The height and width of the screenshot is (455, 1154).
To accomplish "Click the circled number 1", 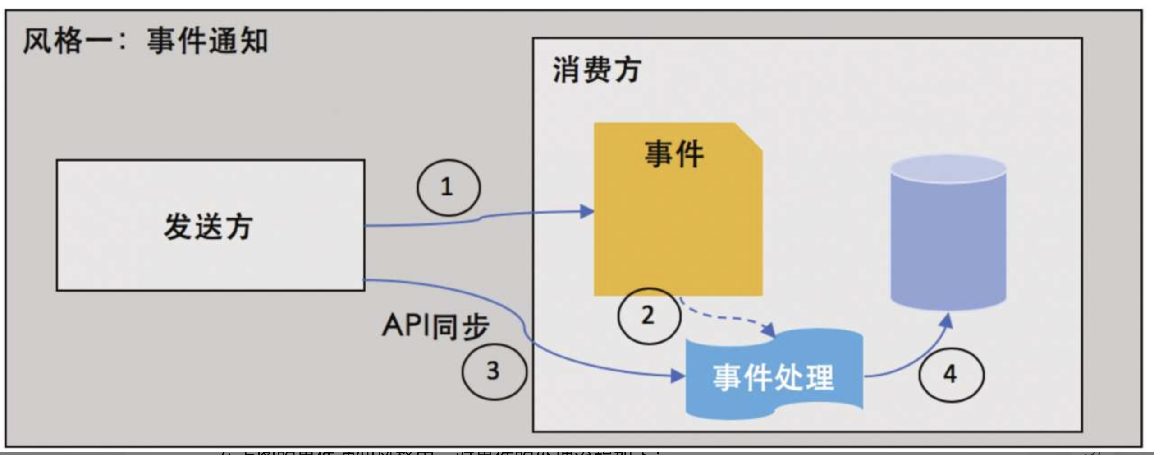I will pyautogui.click(x=448, y=187).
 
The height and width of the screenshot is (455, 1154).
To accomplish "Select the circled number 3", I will pyautogui.click(x=494, y=371).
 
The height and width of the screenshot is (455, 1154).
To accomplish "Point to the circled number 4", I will pyautogui.click(x=951, y=375).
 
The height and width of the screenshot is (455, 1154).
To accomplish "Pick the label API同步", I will pyautogui.click(x=435, y=326).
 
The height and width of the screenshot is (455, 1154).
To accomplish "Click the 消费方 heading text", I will pyautogui.click(x=597, y=70).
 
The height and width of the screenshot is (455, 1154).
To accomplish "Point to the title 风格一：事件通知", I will pyautogui.click(x=145, y=41).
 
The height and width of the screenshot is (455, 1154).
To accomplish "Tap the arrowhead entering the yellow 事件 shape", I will pyautogui.click(x=586, y=211).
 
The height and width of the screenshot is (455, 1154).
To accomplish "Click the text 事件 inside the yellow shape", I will pyautogui.click(x=674, y=154).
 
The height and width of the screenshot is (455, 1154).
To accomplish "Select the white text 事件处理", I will pyautogui.click(x=774, y=377).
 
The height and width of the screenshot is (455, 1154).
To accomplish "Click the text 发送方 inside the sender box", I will pyautogui.click(x=208, y=226).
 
